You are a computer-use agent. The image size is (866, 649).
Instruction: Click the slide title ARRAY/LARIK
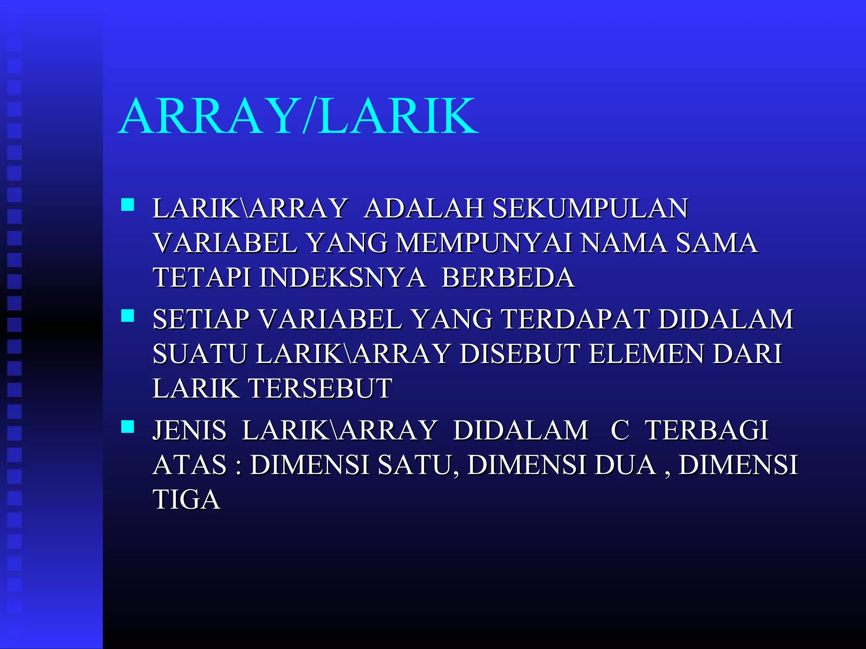(x=299, y=116)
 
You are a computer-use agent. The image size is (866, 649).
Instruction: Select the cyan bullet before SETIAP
(x=127, y=316)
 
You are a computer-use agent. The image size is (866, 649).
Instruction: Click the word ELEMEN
(x=647, y=354)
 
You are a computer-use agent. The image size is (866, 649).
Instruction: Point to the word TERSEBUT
(x=320, y=388)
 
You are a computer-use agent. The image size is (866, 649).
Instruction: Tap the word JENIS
(x=189, y=430)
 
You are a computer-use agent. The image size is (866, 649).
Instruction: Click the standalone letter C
(x=620, y=430)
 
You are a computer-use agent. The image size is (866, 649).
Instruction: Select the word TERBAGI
(x=707, y=430)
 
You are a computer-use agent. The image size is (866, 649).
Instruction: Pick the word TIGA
(x=186, y=499)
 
